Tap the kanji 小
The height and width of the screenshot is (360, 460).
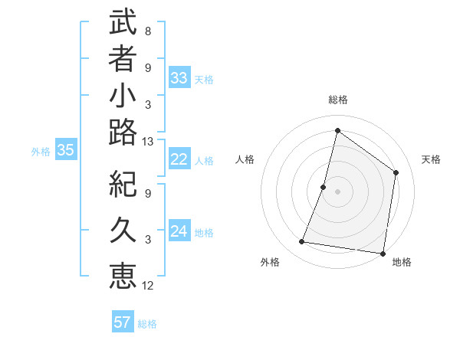(x=123, y=98)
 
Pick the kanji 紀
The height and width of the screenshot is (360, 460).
(x=123, y=184)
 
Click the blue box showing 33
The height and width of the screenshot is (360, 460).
(x=179, y=78)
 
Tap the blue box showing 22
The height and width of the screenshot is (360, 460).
(x=179, y=159)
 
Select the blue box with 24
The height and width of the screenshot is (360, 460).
(x=179, y=232)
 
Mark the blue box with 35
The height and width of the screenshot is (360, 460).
(x=65, y=151)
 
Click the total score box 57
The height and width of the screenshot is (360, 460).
(x=122, y=322)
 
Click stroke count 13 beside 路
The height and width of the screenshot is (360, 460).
(x=148, y=142)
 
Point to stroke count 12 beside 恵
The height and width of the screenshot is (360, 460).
(x=148, y=286)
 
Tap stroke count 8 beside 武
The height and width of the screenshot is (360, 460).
(x=148, y=31)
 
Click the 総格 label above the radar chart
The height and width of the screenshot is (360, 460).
(x=337, y=100)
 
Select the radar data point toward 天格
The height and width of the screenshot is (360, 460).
(x=396, y=172)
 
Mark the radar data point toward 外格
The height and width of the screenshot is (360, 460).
(x=302, y=242)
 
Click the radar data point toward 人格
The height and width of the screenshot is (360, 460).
(x=324, y=187)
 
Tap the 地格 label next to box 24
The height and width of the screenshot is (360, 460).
(x=204, y=233)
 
